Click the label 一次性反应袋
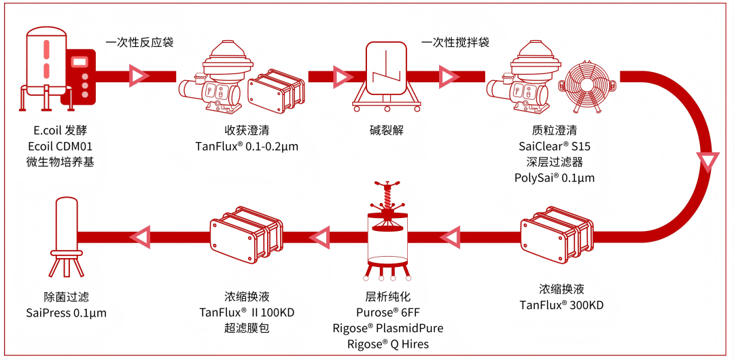139,42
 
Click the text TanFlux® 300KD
561,305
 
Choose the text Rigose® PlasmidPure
388,329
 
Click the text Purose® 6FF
388,313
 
